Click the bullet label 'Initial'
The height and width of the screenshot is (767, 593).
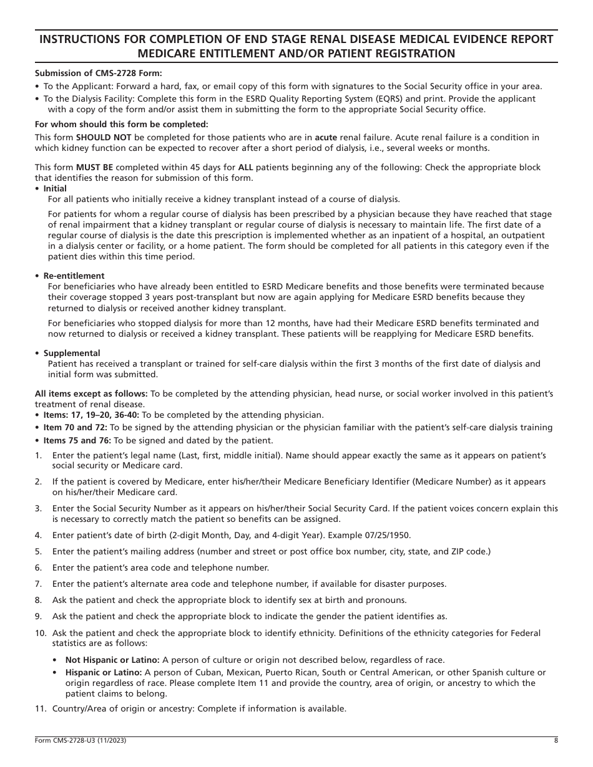(x=55, y=188)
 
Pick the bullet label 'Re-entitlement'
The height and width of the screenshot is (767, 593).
(x=74, y=276)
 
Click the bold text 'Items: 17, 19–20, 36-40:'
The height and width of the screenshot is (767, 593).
(x=96, y=415)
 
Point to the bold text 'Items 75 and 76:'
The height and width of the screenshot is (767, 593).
(x=78, y=440)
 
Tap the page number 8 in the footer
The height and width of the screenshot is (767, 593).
(x=556, y=741)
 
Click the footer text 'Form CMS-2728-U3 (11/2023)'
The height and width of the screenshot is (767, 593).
(x=84, y=741)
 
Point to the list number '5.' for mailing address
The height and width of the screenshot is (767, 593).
(x=38, y=551)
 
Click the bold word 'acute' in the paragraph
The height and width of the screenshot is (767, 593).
(x=325, y=137)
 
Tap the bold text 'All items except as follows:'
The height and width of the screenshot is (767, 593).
(x=91, y=393)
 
